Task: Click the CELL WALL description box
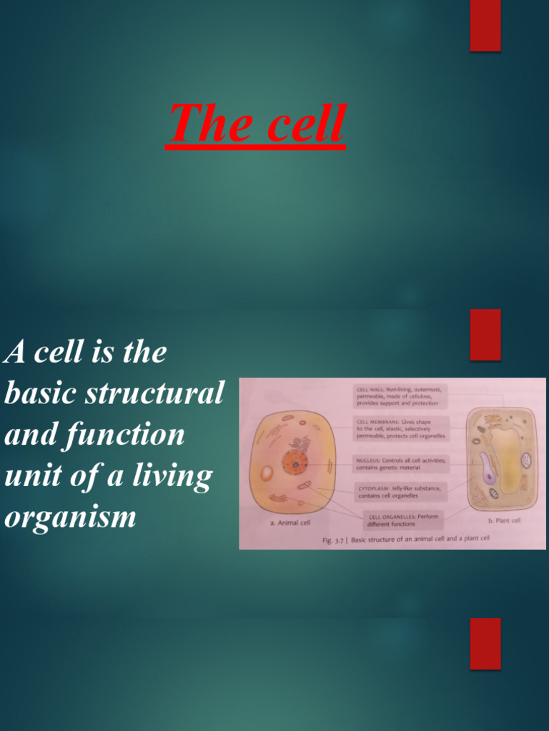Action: [401, 395]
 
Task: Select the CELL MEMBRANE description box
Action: [401, 428]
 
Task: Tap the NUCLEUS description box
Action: [401, 463]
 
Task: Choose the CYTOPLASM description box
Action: [401, 491]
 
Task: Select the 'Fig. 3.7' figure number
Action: [333, 540]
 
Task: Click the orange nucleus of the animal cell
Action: [293, 463]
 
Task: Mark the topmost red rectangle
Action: [485, 26]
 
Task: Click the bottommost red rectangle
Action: [485, 643]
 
